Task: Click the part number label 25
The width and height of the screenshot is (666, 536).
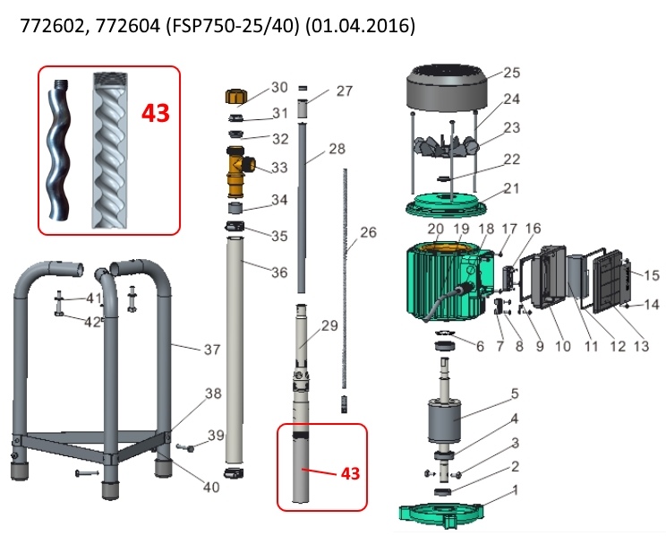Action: click(x=511, y=73)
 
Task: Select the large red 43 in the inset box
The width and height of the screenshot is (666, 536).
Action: click(x=156, y=114)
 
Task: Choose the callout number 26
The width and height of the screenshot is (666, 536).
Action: click(x=368, y=232)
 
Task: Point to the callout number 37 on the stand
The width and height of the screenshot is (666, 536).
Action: click(x=211, y=350)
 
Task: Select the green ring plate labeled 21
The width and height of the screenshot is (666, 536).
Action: click(x=449, y=203)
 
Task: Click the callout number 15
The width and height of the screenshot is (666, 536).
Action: click(x=652, y=275)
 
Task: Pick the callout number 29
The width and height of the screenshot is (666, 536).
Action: click(x=330, y=326)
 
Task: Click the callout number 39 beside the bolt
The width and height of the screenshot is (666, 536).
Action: click(x=215, y=435)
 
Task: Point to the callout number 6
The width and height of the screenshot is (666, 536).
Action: click(x=479, y=346)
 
